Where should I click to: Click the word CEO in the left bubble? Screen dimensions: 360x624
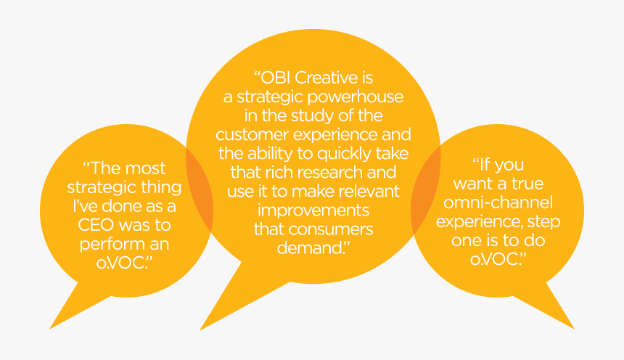[x=99, y=224]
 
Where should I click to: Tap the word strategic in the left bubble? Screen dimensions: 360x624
[x=99, y=187]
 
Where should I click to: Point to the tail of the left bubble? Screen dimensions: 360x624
[x=69, y=308]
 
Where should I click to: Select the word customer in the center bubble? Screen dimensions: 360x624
[x=250, y=135]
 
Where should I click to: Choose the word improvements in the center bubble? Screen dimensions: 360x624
[x=313, y=210]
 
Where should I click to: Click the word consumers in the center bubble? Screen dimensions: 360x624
[x=338, y=229]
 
